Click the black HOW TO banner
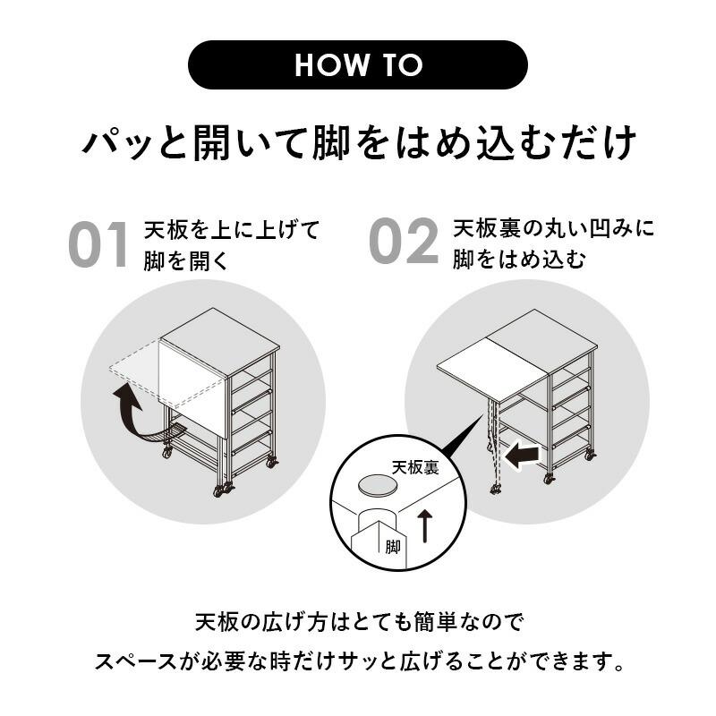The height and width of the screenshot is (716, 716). (357, 64)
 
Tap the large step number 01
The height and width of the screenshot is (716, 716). (99, 244)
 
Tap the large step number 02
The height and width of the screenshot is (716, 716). (404, 242)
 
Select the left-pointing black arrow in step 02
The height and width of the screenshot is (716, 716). (522, 456)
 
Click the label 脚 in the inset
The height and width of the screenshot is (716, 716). (393, 547)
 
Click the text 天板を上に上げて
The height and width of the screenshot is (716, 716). (231, 230)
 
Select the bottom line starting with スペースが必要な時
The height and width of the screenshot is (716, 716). (357, 663)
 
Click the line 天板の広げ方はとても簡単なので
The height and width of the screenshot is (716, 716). (357, 620)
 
